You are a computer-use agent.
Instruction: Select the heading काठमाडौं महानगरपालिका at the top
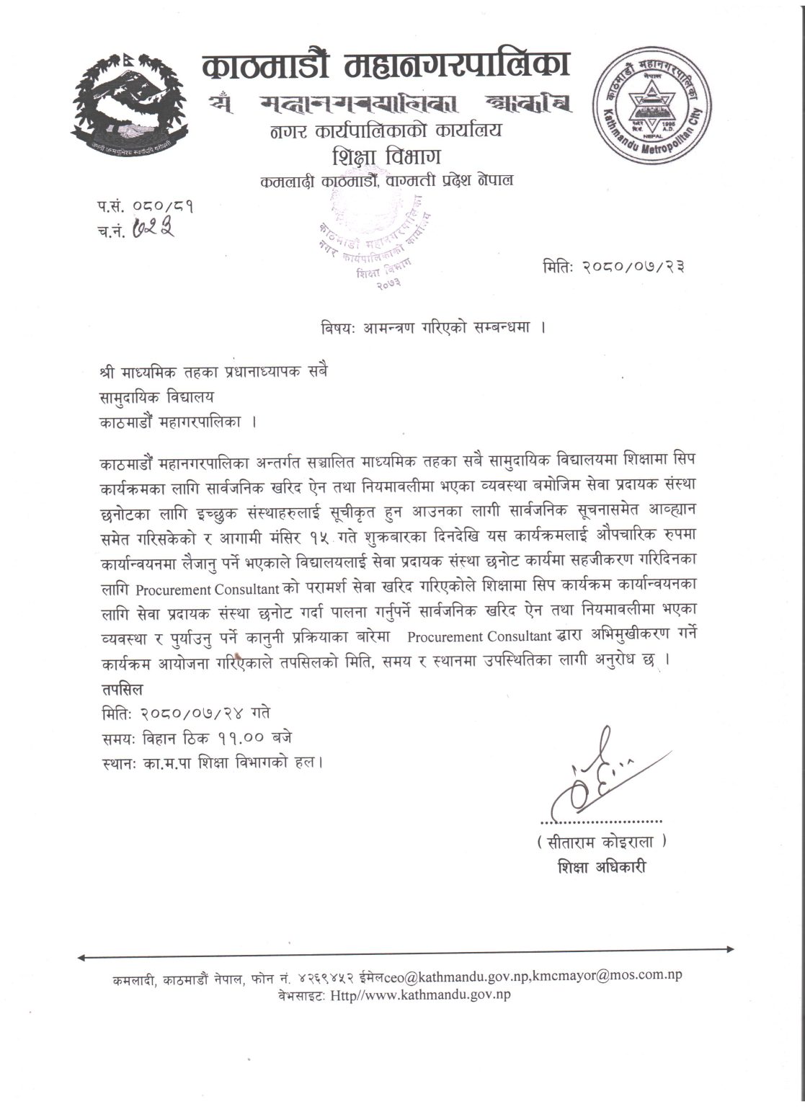tap(386, 66)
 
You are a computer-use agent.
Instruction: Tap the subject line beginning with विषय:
tap(432, 326)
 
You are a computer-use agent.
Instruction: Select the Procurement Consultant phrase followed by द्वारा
tap(479, 637)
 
